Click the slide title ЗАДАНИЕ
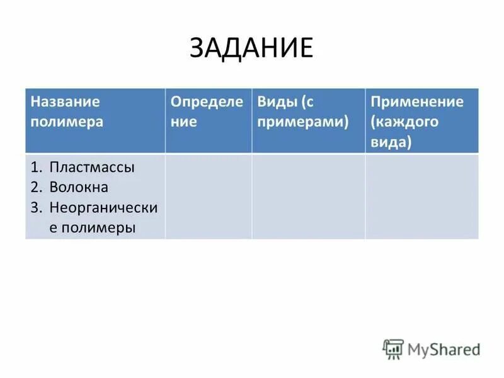[x=251, y=49]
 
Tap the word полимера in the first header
[x=67, y=122]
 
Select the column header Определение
[x=207, y=112]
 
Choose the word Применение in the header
[x=417, y=102]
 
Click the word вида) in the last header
[x=391, y=142]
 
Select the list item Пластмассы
[x=93, y=168]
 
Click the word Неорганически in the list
[x=103, y=207]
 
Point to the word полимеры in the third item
[x=93, y=227]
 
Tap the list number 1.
[x=36, y=168]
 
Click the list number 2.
[x=37, y=187]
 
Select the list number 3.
[x=37, y=207]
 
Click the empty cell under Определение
[x=209, y=197]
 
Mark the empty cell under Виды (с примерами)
[x=308, y=197]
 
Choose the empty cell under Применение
[x=421, y=197]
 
